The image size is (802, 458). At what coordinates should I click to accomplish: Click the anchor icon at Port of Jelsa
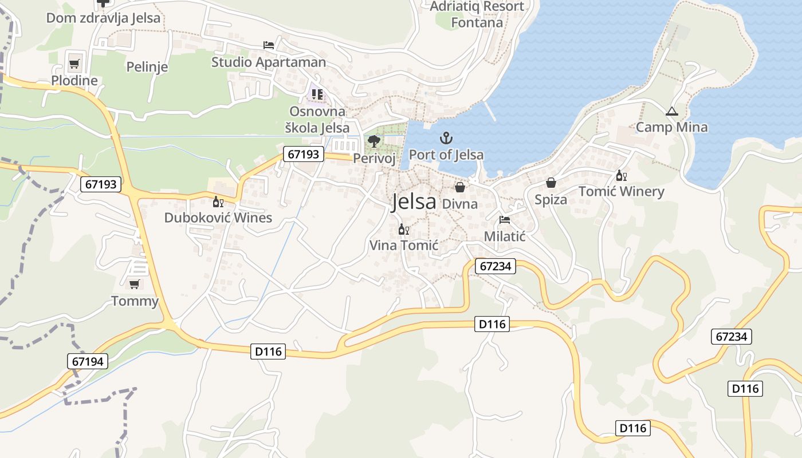[446, 138]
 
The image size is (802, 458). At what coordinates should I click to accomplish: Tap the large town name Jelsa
[413, 202]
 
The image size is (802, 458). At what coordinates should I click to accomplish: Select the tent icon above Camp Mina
[672, 111]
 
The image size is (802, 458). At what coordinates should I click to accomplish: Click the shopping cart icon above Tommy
[135, 284]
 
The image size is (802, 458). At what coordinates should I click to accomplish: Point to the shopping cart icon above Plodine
[74, 64]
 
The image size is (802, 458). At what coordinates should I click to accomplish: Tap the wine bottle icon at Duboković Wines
[218, 202]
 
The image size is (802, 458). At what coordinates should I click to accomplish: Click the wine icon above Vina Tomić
[403, 230]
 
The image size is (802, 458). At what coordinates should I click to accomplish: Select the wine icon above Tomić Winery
[621, 176]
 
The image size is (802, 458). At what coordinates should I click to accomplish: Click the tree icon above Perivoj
[374, 141]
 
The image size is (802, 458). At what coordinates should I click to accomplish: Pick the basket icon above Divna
[459, 187]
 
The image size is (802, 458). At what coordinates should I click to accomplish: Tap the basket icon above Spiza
[551, 183]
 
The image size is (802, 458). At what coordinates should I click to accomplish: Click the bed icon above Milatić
[504, 219]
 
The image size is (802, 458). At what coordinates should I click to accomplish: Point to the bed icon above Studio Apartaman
[268, 45]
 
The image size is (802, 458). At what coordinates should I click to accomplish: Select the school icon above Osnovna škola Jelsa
[317, 94]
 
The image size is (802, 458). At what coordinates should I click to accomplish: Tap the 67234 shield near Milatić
[496, 266]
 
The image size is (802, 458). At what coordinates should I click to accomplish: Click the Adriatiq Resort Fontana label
[477, 14]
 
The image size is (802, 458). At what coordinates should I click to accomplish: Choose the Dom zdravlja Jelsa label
[103, 18]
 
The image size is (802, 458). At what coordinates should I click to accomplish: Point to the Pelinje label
[147, 67]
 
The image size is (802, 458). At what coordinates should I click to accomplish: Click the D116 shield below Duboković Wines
[268, 352]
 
